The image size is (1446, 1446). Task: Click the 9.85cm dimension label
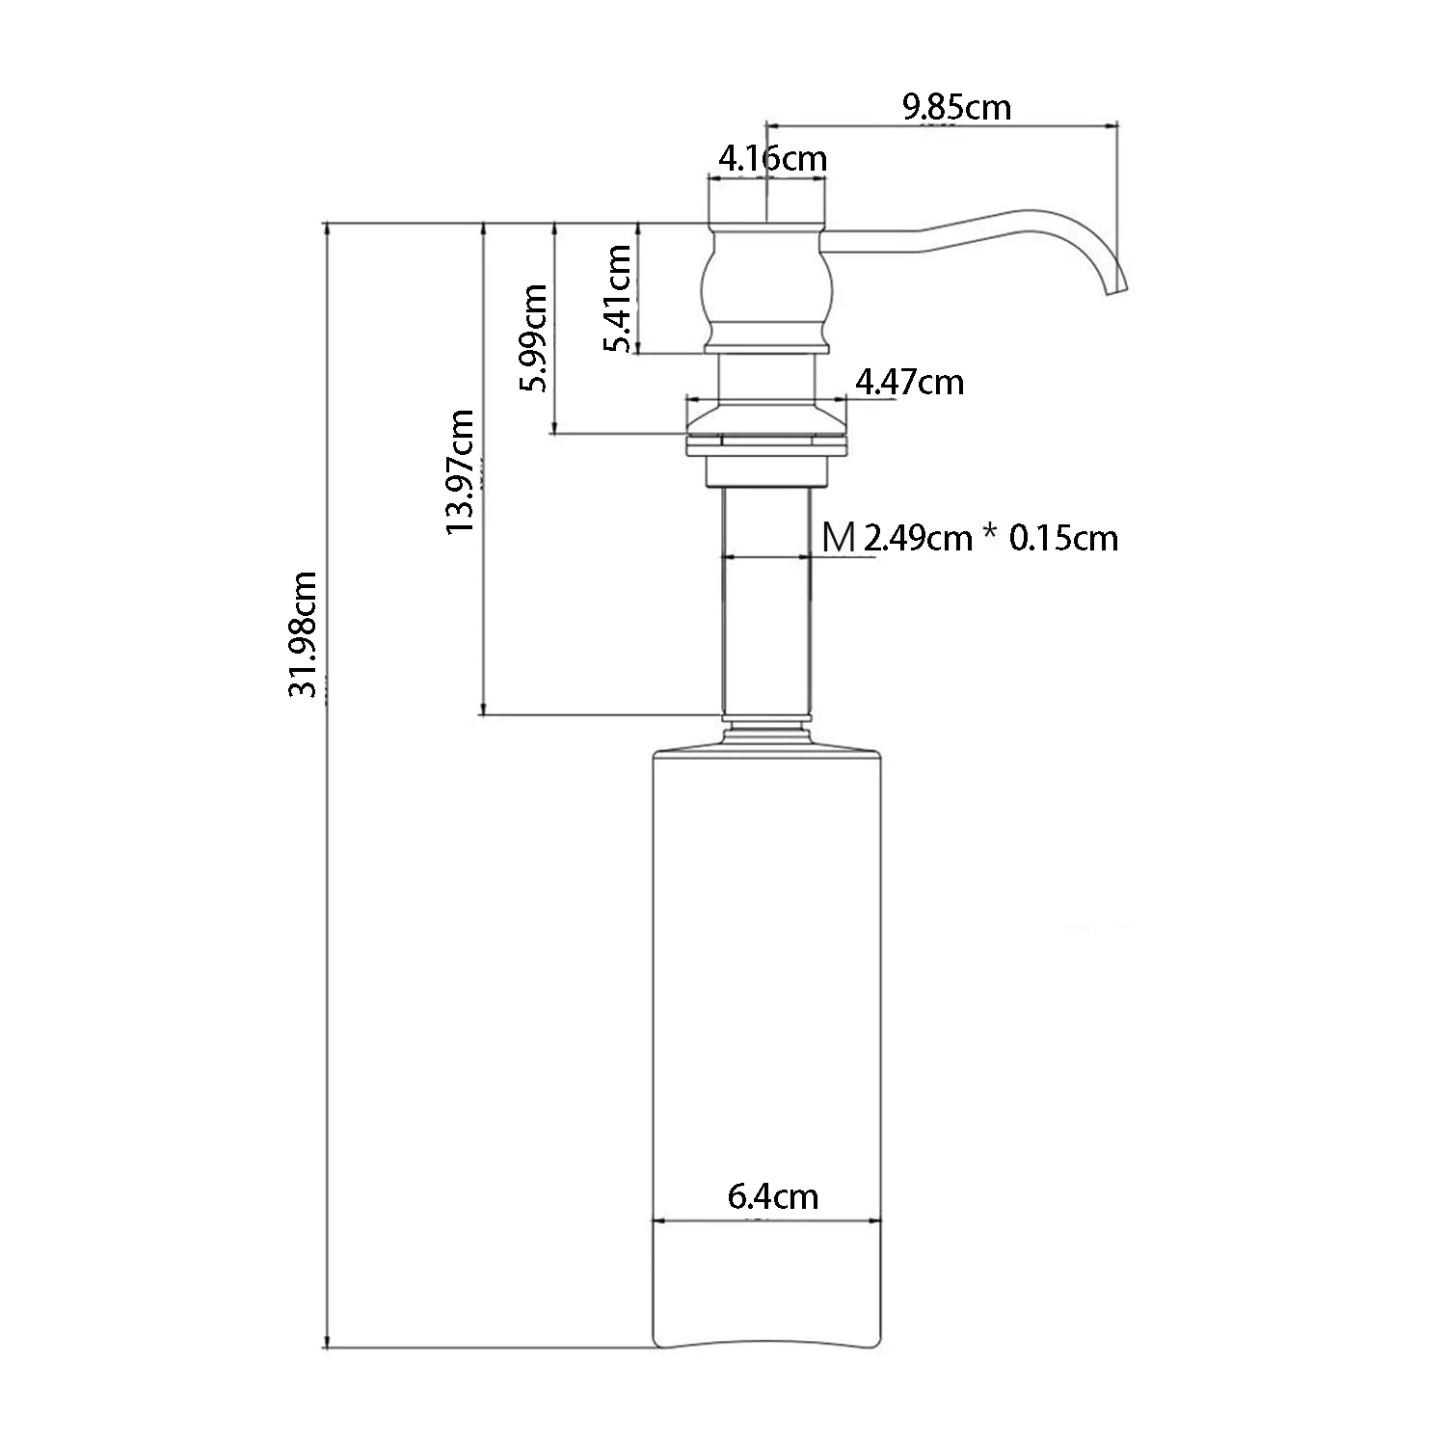pos(956,106)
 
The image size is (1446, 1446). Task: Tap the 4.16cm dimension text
pos(772,157)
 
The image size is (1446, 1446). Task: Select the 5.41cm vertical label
pos(616,299)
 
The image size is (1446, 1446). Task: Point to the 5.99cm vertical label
pos(532,337)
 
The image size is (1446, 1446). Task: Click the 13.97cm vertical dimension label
pos(460,472)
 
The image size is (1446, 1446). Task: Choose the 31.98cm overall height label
pos(305,634)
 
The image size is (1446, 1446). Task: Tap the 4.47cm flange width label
pos(909,383)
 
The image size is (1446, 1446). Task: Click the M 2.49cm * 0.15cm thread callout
pos(970,537)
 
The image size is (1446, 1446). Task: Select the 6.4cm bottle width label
pos(772,1197)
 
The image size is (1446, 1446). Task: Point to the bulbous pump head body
pos(765,289)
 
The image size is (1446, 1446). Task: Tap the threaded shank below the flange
pos(766,602)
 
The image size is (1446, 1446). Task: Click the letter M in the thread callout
pos(839,537)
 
